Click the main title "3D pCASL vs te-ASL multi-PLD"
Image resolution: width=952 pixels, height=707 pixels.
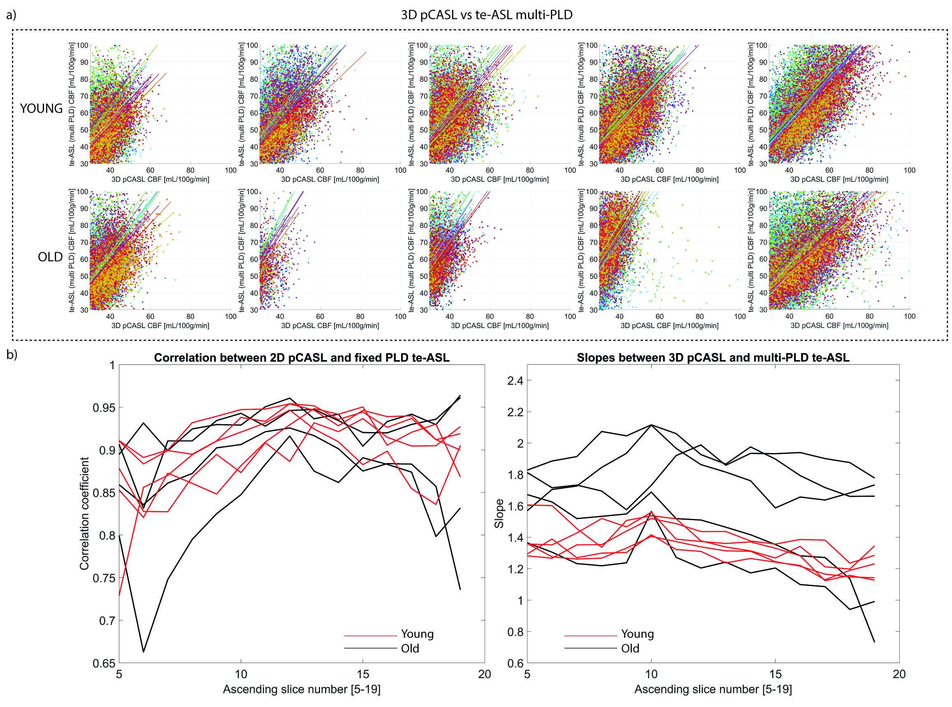pyautogui.click(x=486, y=15)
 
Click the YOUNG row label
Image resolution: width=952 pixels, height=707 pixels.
pyautogui.click(x=41, y=109)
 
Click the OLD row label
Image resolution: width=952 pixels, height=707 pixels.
pyautogui.click(x=50, y=257)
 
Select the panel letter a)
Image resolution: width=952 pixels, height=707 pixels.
pyautogui.click(x=12, y=15)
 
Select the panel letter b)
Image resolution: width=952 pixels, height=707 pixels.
pyautogui.click(x=12, y=355)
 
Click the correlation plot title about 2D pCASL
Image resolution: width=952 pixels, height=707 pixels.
pyautogui.click(x=302, y=358)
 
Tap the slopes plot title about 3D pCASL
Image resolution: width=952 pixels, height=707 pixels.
pyautogui.click(x=713, y=358)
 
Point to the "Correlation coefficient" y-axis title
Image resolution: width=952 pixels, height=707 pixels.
pyautogui.click(x=84, y=513)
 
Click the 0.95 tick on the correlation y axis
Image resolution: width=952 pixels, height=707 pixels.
pyautogui.click(x=104, y=408)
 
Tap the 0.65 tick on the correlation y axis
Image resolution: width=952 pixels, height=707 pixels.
pyautogui.click(x=104, y=663)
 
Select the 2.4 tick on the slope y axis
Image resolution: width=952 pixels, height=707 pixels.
pyautogui.click(x=515, y=381)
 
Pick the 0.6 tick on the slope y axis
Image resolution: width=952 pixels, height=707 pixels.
pyautogui.click(x=515, y=663)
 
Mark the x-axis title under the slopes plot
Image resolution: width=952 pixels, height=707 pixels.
pyautogui.click(x=713, y=689)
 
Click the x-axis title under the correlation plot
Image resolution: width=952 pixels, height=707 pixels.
pyautogui.click(x=302, y=689)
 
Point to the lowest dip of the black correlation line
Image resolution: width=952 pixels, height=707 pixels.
pyautogui.click(x=143, y=652)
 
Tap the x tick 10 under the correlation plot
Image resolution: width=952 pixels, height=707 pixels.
pyautogui.click(x=241, y=674)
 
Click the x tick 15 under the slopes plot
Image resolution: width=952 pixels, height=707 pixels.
pyautogui.click(x=775, y=674)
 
